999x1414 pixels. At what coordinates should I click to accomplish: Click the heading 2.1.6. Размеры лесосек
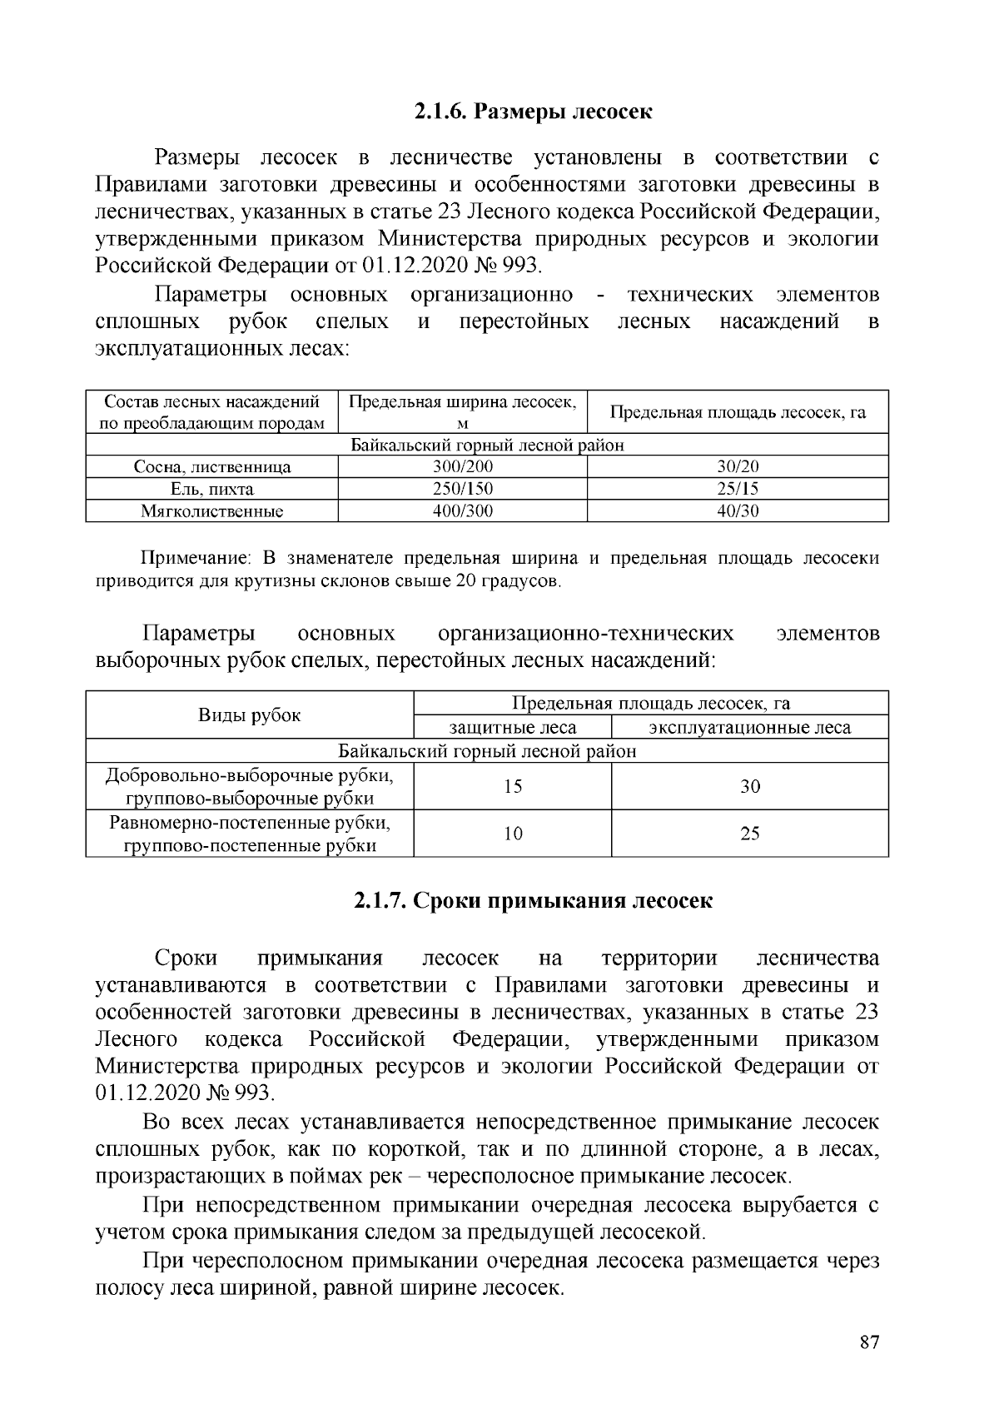click(533, 112)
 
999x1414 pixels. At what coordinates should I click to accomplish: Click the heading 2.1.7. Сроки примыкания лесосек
click(533, 901)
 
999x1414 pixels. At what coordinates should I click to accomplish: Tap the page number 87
click(869, 1342)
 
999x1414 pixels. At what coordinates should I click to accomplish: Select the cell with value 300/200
click(463, 467)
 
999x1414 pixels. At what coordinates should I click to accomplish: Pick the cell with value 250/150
click(463, 489)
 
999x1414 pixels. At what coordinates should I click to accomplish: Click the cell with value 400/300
click(463, 511)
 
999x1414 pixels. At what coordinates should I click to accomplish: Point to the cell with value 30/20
click(738, 467)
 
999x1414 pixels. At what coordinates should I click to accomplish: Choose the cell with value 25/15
click(738, 489)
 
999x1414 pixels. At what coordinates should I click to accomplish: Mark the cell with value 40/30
click(738, 511)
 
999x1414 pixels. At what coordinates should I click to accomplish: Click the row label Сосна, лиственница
click(212, 467)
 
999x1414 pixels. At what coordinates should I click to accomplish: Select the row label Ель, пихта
click(212, 489)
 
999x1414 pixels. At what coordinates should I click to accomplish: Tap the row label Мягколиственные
click(212, 511)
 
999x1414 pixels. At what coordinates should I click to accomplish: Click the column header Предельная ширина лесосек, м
click(463, 412)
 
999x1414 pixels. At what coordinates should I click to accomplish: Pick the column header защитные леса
click(513, 728)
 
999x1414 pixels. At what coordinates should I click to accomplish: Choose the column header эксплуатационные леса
click(750, 728)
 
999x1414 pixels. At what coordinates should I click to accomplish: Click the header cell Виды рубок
click(250, 715)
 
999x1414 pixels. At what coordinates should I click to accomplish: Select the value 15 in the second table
click(513, 787)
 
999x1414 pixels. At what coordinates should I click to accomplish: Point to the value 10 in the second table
click(513, 834)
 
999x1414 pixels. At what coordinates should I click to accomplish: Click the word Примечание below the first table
click(194, 558)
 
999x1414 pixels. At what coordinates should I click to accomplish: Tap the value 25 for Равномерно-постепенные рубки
click(750, 834)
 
